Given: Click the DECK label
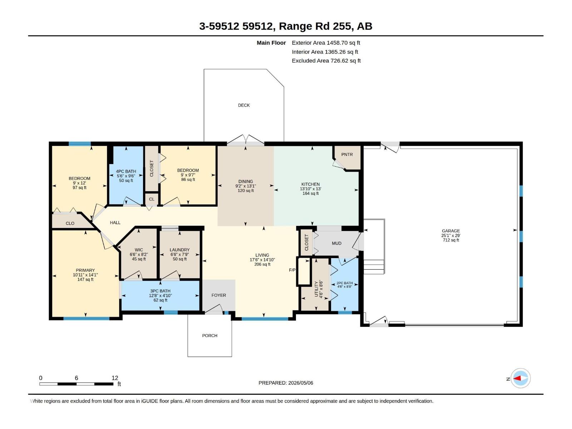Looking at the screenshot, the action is click(x=244, y=105).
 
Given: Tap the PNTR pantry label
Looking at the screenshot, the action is click(x=347, y=154).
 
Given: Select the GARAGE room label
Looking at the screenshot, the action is click(x=451, y=231).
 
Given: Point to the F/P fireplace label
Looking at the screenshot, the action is click(x=292, y=270).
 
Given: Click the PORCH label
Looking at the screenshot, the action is click(x=210, y=335).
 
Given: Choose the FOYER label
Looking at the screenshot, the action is click(x=219, y=295).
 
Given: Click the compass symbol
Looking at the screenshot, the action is click(x=521, y=378).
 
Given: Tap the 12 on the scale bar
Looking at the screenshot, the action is click(x=115, y=378).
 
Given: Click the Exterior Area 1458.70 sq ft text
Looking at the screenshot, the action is click(x=326, y=43).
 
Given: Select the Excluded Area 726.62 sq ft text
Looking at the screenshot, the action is click(x=326, y=61).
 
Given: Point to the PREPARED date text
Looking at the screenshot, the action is click(x=286, y=383).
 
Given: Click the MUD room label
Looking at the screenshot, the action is click(x=336, y=243).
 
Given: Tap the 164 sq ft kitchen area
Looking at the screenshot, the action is click(x=310, y=193).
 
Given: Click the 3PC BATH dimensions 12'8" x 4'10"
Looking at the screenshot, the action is click(x=160, y=296).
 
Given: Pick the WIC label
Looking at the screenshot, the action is click(x=139, y=250).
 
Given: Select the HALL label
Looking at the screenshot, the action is click(x=115, y=222).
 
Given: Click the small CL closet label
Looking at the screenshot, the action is click(x=152, y=199).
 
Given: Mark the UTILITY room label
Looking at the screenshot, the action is click(x=316, y=289).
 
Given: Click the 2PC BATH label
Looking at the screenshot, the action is click(x=345, y=283).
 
